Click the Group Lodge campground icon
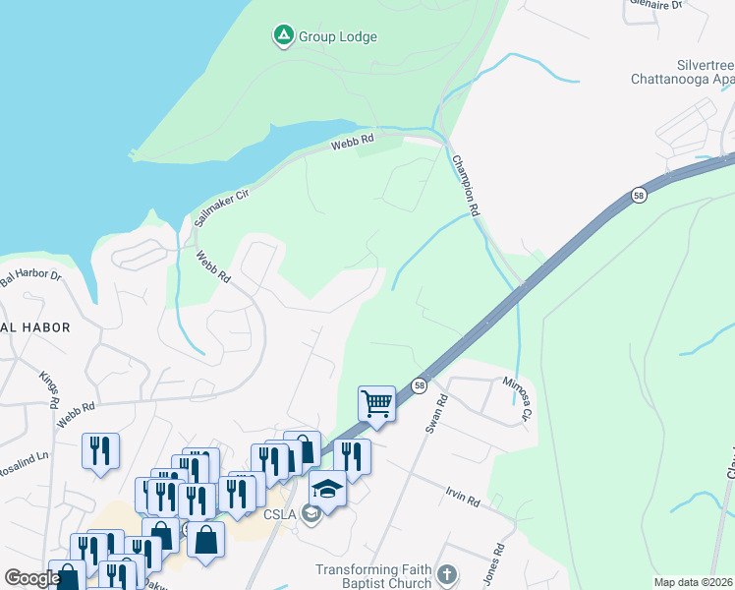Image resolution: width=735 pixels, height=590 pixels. pyautogui.click(x=283, y=36)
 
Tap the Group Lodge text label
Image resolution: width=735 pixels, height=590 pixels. pyautogui.click(x=338, y=37)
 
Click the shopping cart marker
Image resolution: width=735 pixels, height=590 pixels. pyautogui.click(x=376, y=403)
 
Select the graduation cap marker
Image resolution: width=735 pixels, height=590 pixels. pyautogui.click(x=327, y=488)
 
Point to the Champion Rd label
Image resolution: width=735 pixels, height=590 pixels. pyautogui.click(x=466, y=184)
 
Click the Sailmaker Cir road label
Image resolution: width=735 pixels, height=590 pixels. pyautogui.click(x=221, y=207)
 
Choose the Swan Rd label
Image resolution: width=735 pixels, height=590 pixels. pyautogui.click(x=436, y=414)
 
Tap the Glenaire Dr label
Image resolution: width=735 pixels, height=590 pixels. pyautogui.click(x=658, y=6)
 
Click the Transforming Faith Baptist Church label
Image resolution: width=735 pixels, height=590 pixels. pyautogui.click(x=373, y=576)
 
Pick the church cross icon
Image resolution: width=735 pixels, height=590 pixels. pyautogui.click(x=447, y=574)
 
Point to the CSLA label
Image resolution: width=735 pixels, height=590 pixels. pyautogui.click(x=281, y=513)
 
